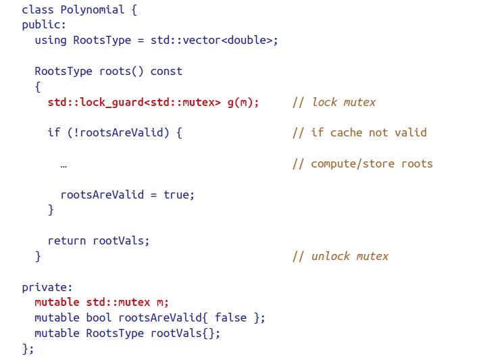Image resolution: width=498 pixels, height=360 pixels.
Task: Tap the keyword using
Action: pos(51,40)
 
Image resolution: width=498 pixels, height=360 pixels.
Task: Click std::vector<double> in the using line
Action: pos(214,40)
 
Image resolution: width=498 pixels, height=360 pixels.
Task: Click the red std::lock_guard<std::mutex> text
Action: pos(134,102)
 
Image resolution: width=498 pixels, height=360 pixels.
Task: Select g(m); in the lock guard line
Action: pos(243,102)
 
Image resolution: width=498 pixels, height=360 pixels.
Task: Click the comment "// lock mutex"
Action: pos(334,102)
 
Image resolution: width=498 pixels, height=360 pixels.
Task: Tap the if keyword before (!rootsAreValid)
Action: pos(54,132)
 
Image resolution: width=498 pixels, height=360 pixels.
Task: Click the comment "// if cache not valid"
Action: pos(359,132)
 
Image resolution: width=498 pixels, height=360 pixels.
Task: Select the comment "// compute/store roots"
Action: pos(362,163)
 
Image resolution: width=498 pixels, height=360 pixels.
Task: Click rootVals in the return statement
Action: pos(118,240)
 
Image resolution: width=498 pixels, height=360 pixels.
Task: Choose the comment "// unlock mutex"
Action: pos(341,256)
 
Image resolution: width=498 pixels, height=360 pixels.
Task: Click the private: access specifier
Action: pos(44,287)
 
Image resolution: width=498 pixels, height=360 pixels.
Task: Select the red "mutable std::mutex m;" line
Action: pos(101,302)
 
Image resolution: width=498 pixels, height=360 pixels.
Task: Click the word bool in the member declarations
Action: pos(99,317)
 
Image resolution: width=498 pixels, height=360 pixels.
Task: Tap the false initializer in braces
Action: pos(230,317)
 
